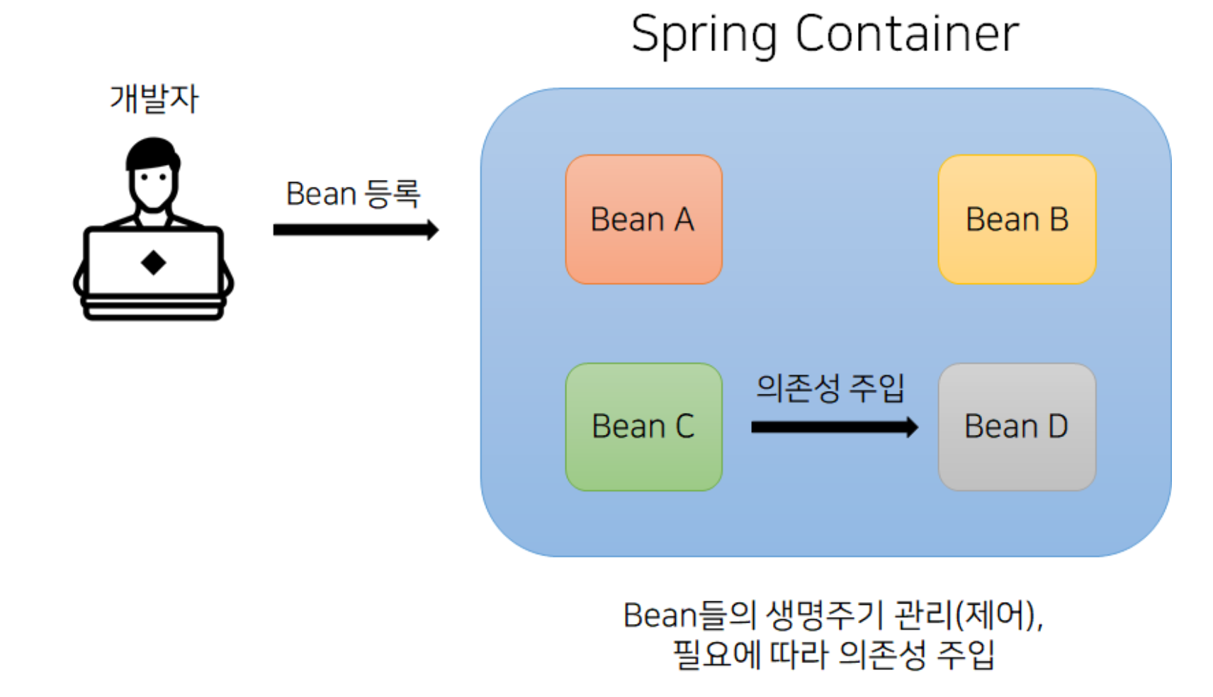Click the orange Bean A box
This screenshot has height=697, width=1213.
[x=643, y=219]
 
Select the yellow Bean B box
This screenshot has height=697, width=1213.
[x=1017, y=219]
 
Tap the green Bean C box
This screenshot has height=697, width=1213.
[x=643, y=426]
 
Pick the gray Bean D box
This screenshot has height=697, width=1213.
[x=1017, y=426]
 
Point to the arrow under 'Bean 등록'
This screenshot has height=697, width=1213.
[x=355, y=229]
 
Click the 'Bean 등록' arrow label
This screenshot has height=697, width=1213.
[x=353, y=193]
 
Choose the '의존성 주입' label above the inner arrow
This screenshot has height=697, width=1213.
[x=830, y=387]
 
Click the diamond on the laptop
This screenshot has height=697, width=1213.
[x=153, y=263]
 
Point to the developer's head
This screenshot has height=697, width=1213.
[x=152, y=174]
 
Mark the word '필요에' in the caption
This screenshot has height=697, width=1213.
[x=716, y=654]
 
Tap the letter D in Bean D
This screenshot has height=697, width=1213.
[x=1057, y=426]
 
